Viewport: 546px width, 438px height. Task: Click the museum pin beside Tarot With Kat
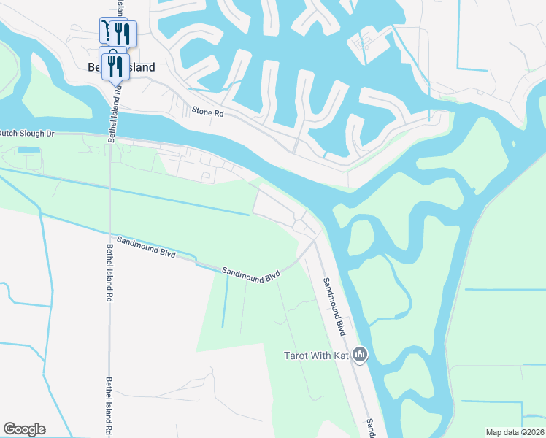[360, 356]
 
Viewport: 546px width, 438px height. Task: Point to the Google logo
[24, 429]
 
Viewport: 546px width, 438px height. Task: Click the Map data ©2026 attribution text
[515, 432]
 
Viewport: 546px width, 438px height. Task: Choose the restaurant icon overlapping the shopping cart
[122, 33]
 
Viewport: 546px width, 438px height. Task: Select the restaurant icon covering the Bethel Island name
[115, 67]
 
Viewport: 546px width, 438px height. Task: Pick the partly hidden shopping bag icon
[114, 52]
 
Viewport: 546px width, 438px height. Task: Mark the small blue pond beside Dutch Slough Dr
[29, 150]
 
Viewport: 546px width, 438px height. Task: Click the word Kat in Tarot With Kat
[339, 356]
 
